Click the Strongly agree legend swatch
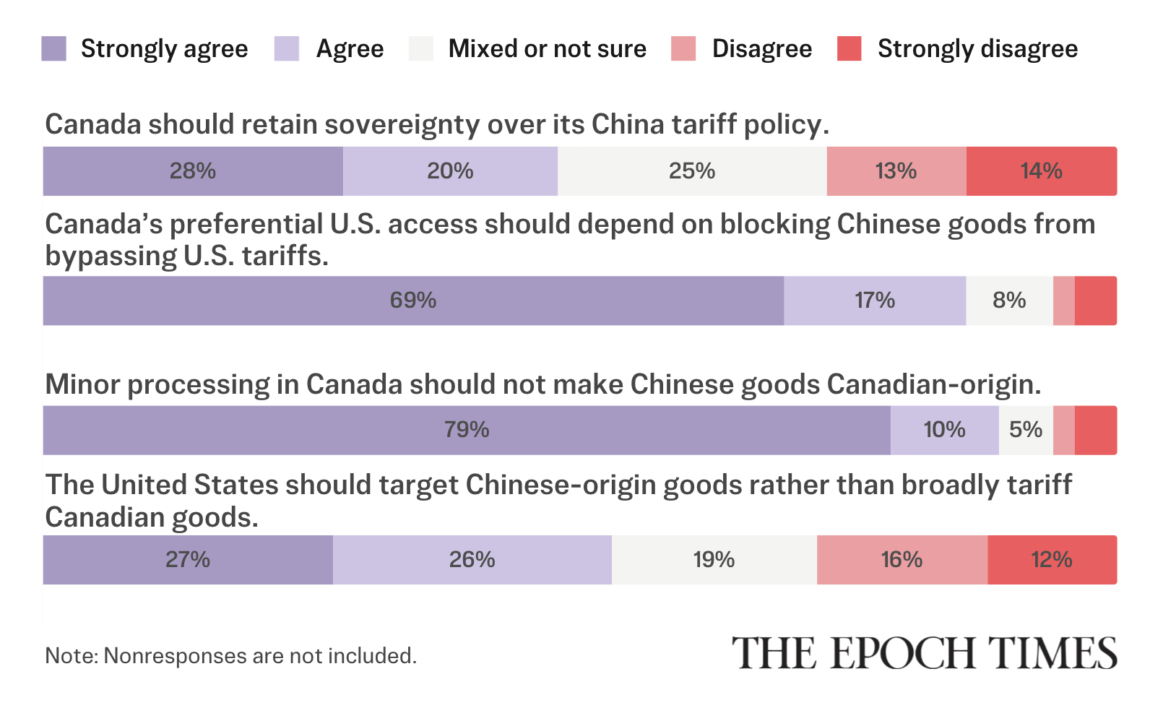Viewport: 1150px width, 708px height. click(x=54, y=49)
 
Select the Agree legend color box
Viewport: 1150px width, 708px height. click(x=287, y=49)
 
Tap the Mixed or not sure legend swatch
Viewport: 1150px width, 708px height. click(x=421, y=49)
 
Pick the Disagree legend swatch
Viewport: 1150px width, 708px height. click(x=683, y=49)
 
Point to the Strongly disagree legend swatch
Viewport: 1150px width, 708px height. click(x=849, y=49)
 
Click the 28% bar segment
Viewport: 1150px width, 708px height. click(x=193, y=171)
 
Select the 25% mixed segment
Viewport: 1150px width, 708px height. click(x=692, y=171)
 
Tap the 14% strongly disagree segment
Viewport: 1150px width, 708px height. click(x=1042, y=171)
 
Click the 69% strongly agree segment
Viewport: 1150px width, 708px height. click(x=413, y=301)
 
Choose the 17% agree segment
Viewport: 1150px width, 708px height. click(x=875, y=301)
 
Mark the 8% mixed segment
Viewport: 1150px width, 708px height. click(x=1009, y=301)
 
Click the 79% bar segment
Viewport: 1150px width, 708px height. click(x=467, y=431)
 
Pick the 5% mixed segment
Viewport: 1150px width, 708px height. click(x=1026, y=431)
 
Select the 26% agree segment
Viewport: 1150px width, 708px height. click(x=472, y=560)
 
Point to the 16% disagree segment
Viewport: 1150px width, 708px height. click(x=902, y=560)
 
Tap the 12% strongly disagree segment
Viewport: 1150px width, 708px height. click(x=1052, y=560)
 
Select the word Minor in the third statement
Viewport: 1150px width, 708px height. click(x=82, y=384)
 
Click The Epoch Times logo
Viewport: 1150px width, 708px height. click(x=925, y=652)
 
